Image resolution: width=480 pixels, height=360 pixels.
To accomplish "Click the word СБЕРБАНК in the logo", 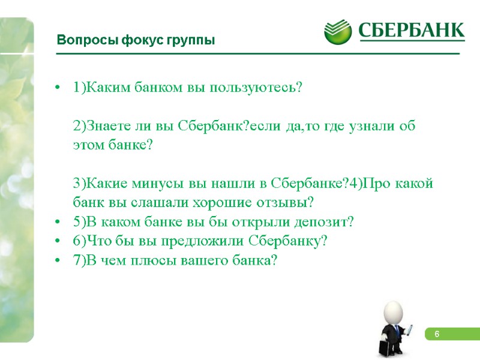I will (412, 31).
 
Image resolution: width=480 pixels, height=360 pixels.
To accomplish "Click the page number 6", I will (437, 334).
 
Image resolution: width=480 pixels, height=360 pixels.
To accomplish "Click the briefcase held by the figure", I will (382, 348).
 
